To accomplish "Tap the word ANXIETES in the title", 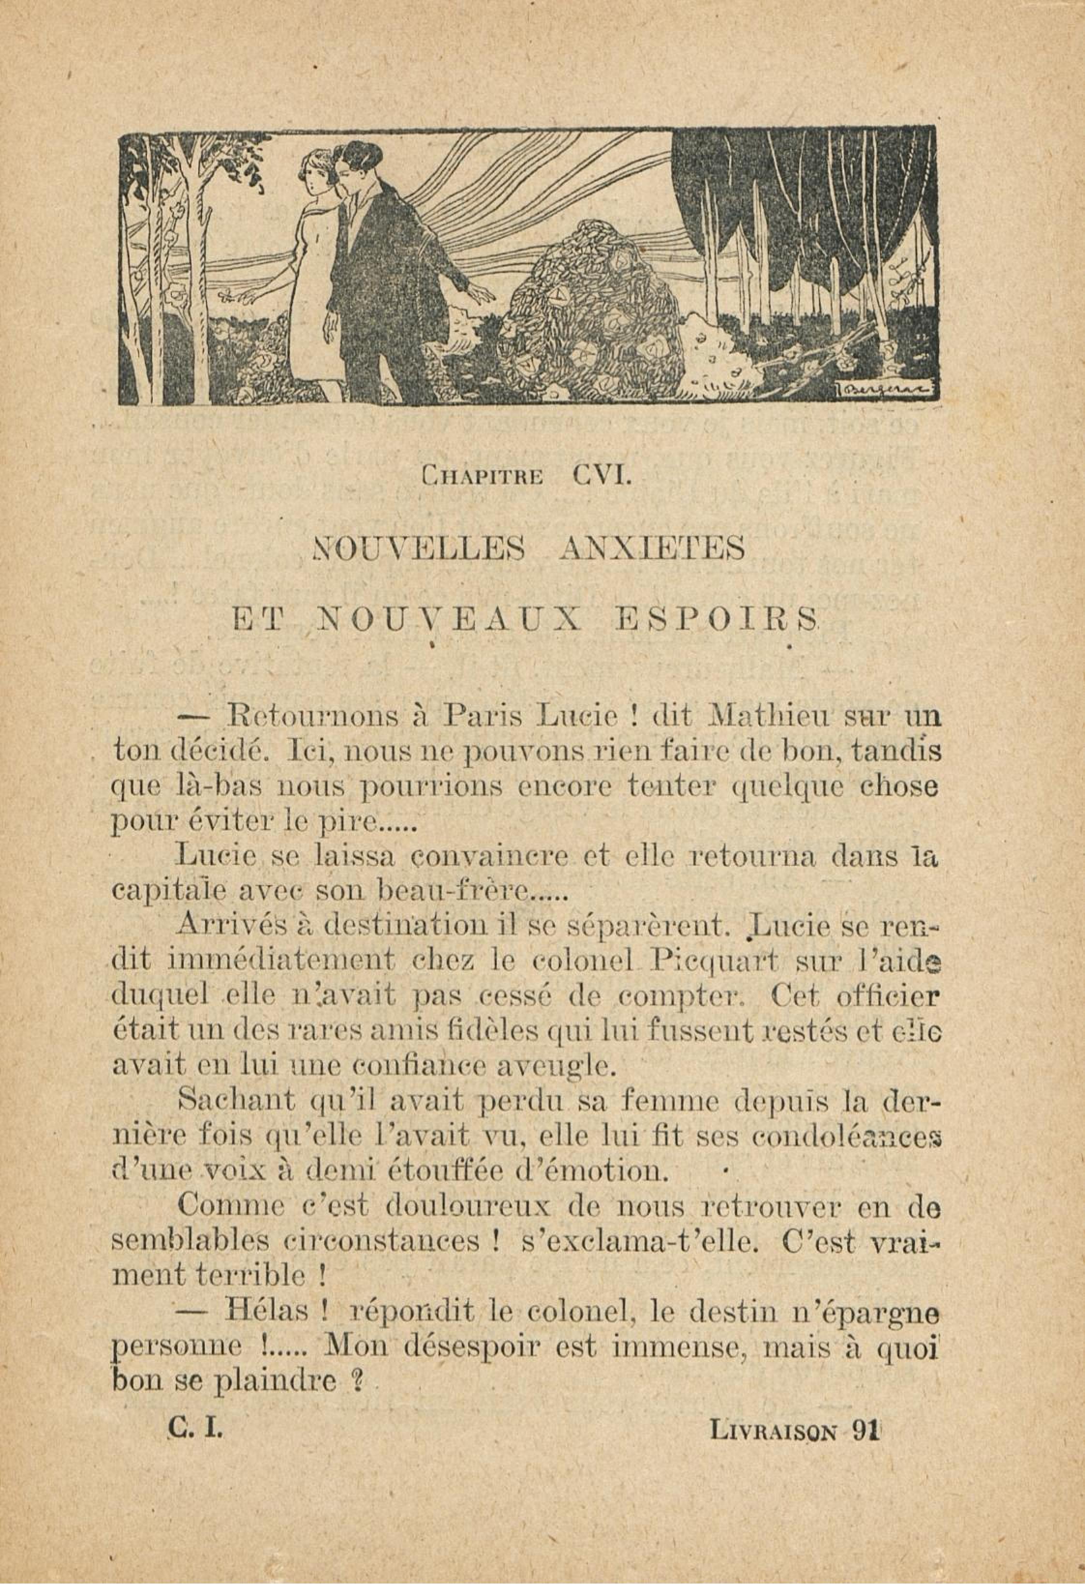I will point(651,548).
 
